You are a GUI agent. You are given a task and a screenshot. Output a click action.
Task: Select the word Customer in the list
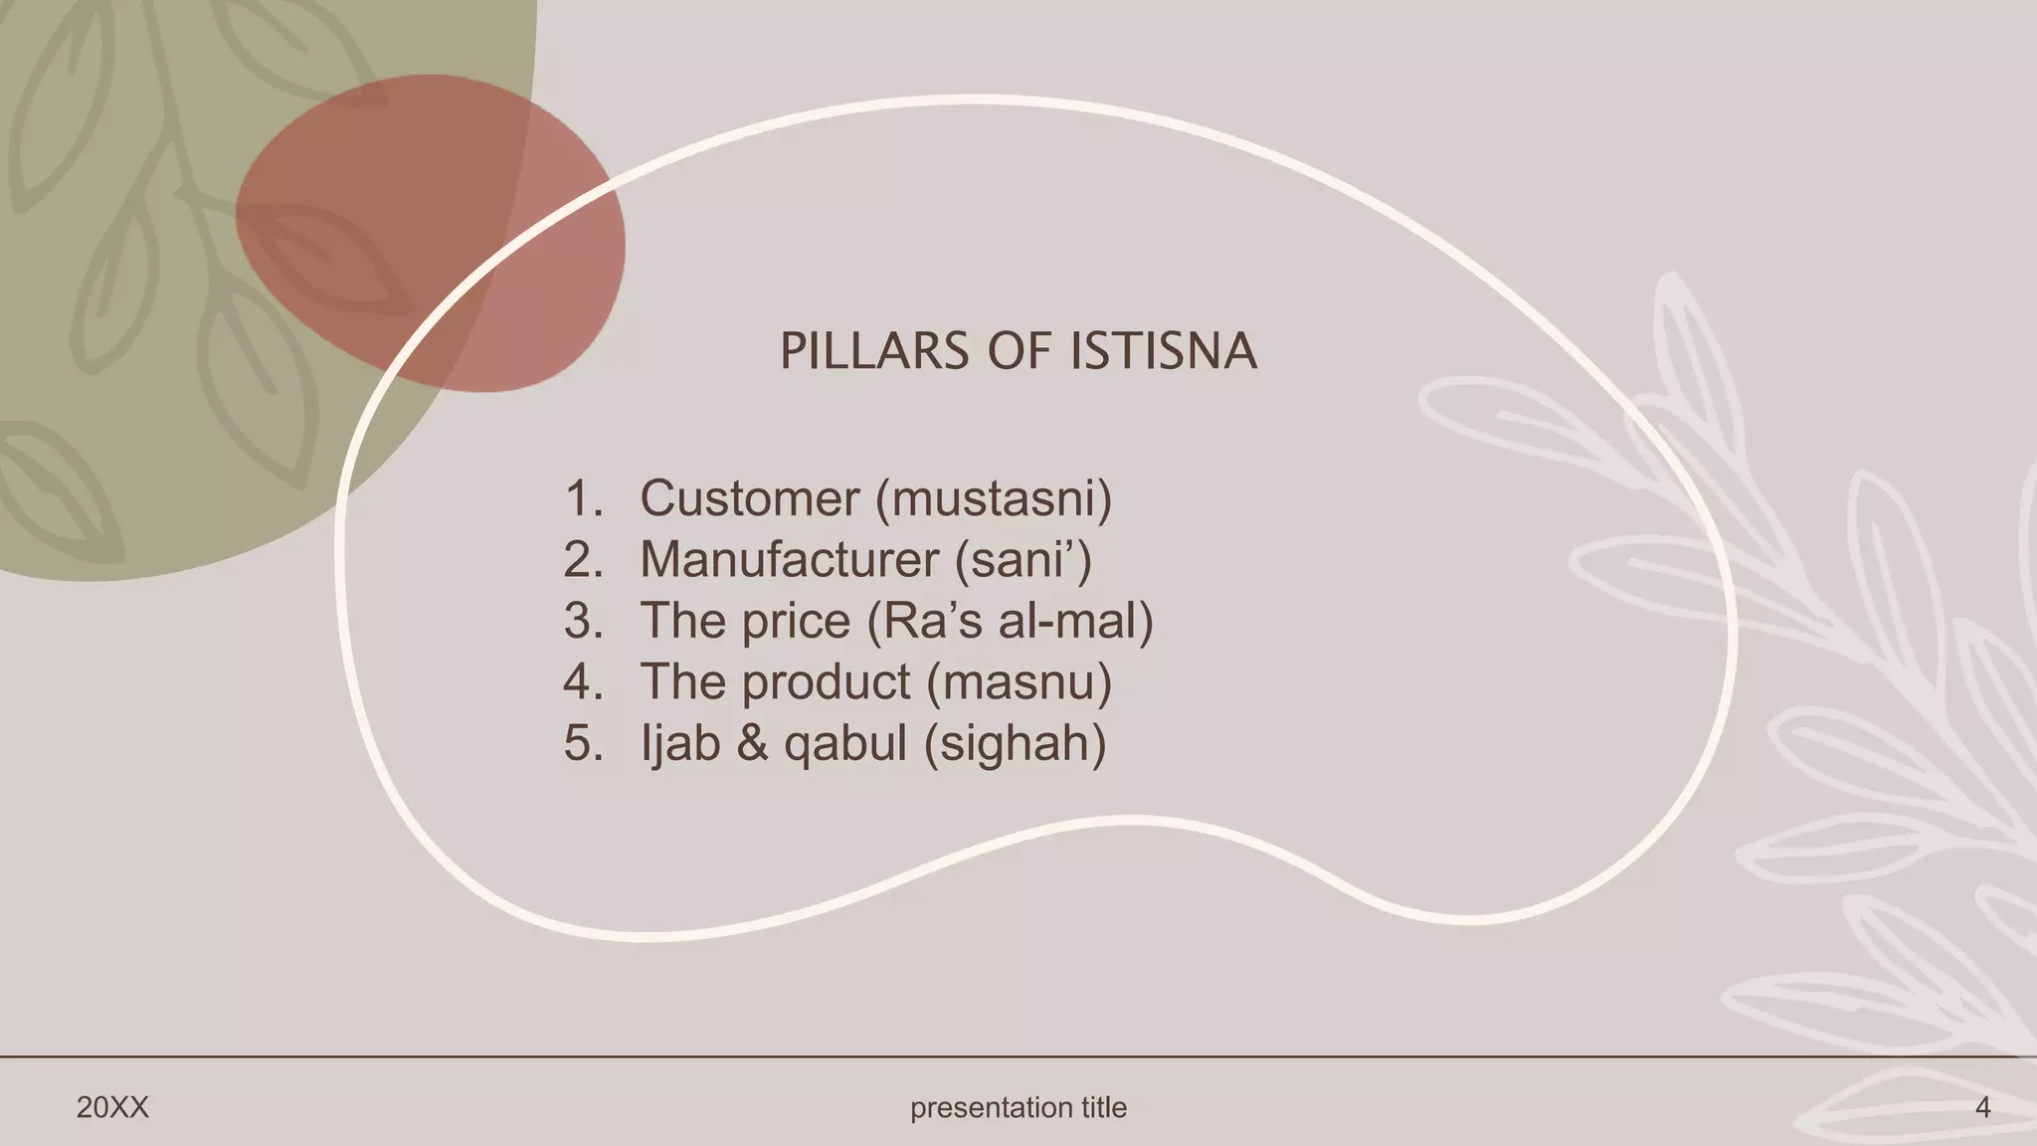coord(749,498)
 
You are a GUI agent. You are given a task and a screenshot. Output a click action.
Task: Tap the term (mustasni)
coord(994,498)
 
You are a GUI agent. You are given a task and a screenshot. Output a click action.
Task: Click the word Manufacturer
coord(789,560)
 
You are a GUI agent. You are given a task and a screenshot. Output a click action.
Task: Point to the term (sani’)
coord(1023,560)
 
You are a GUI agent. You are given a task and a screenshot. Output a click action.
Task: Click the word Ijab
coord(680,744)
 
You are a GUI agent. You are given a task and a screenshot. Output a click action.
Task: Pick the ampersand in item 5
coord(753,744)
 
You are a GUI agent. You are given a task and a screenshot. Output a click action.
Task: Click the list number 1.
coord(583,498)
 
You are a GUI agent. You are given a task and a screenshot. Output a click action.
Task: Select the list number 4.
coord(583,682)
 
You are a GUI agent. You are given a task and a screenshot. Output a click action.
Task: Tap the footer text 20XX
coord(112,1107)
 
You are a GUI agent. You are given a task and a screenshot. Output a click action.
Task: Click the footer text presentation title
coord(1018,1107)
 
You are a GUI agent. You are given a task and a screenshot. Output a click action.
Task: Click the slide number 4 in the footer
coord(1982,1107)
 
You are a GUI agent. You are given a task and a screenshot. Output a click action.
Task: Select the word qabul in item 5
coord(845,744)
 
